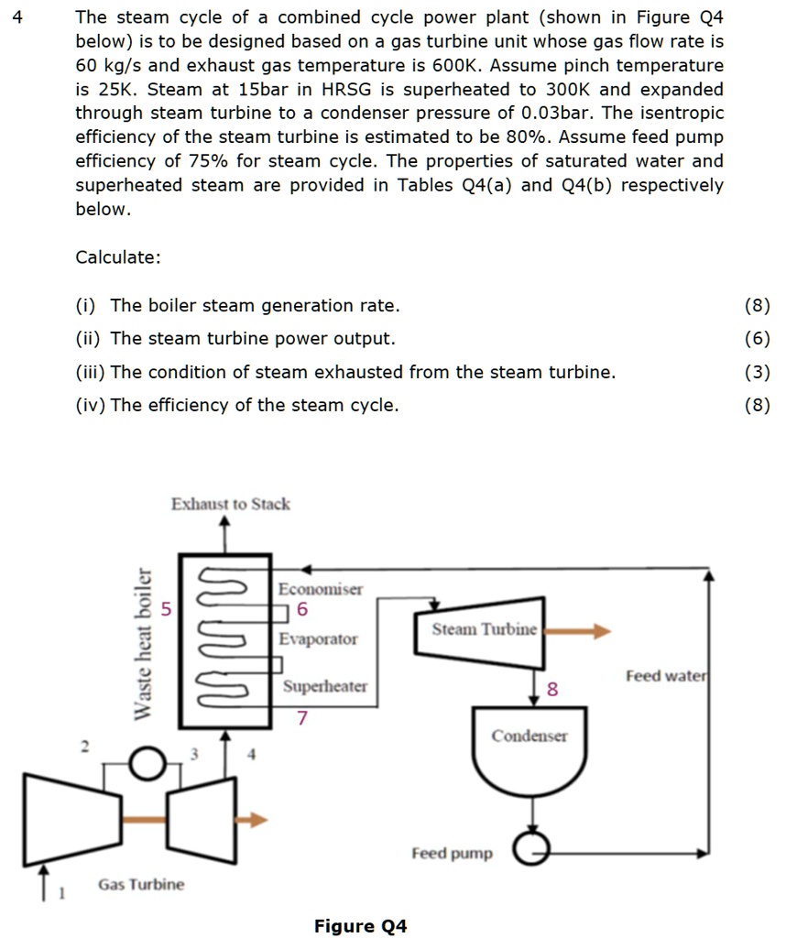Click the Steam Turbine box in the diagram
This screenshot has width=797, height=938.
click(x=480, y=630)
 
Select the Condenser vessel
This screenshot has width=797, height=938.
click(x=530, y=751)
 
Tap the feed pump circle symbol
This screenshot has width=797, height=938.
click(x=530, y=852)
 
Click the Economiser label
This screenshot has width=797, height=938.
click(x=321, y=589)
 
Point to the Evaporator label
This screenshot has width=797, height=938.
click(x=318, y=638)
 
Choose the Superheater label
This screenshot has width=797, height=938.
click(x=324, y=686)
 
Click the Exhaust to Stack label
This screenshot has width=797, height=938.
click(x=230, y=504)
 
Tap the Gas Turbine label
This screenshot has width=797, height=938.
click(x=141, y=884)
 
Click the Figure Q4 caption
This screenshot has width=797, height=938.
click(x=360, y=926)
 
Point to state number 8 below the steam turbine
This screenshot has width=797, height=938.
click(x=551, y=690)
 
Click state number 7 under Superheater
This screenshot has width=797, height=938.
click(x=301, y=717)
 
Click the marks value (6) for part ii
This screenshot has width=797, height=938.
click(x=758, y=339)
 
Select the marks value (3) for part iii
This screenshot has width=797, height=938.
click(x=758, y=372)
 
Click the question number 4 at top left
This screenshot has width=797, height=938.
click(x=16, y=17)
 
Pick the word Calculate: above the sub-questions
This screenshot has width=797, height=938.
click(x=118, y=257)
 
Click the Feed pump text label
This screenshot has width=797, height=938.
click(x=452, y=853)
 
